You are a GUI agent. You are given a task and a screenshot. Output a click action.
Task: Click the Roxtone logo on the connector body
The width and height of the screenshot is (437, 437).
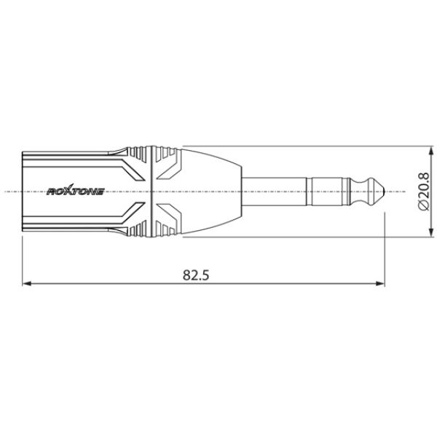point(76,192)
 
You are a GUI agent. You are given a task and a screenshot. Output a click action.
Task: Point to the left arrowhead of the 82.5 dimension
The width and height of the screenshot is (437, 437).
point(28,283)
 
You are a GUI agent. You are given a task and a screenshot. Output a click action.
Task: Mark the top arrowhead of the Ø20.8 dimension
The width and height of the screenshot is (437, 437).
point(428,151)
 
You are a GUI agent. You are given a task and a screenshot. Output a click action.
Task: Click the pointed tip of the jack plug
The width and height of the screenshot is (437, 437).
point(381,192)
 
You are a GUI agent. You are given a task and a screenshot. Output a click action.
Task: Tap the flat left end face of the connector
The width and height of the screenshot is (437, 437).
point(24,192)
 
